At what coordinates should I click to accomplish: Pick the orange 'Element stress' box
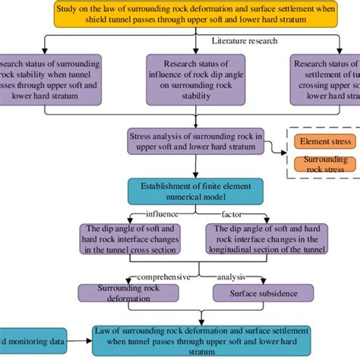324,141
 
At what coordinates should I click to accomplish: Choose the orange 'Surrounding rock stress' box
324,165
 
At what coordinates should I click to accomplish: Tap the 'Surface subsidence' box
262,292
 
